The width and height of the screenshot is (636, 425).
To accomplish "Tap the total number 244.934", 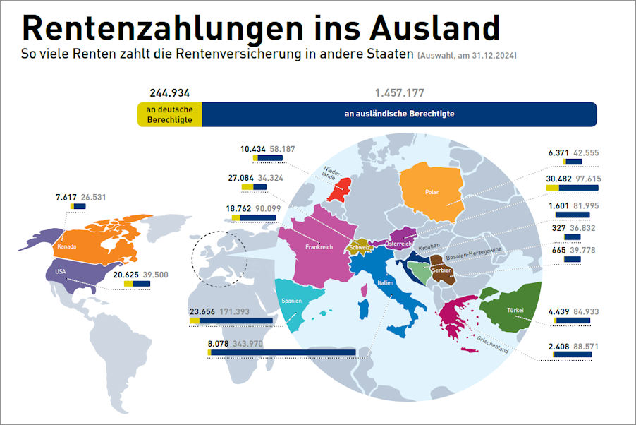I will [x=169, y=92].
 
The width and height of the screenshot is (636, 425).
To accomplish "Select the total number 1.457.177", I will [x=400, y=92].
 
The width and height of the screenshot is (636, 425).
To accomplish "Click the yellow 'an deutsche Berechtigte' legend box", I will [x=169, y=114].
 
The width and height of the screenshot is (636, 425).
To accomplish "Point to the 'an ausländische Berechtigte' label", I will [x=399, y=114].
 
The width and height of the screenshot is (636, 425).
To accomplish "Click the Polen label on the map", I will [x=432, y=191].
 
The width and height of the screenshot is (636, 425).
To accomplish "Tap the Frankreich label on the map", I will [x=319, y=248].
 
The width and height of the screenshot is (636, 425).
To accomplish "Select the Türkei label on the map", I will [x=514, y=310].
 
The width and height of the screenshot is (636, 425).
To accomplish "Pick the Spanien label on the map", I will [x=292, y=301].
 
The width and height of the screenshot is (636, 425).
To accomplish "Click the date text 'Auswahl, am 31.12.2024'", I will [x=467, y=55].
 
